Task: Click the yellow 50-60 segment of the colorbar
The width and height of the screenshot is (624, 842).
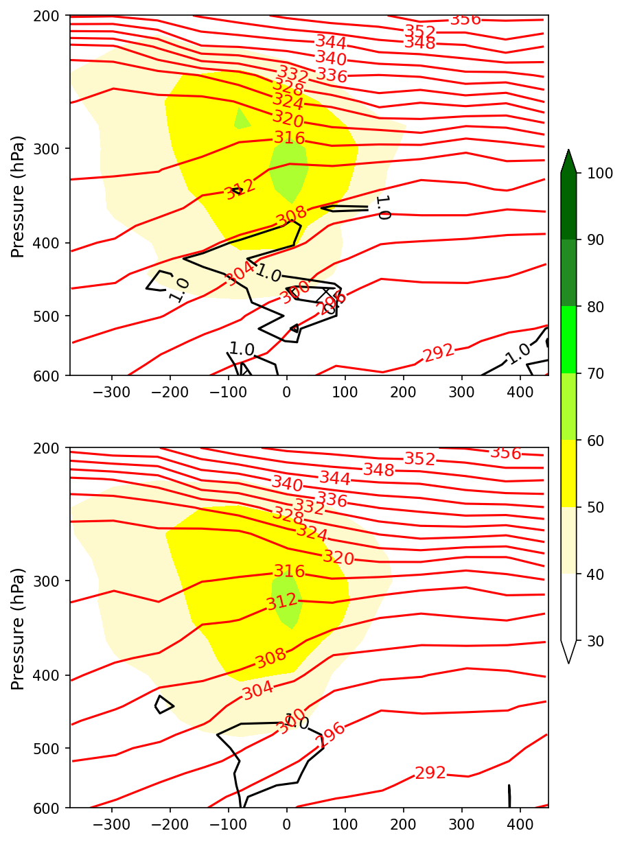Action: pyautogui.click(x=568, y=473)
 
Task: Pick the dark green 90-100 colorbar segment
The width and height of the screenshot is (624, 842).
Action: pyautogui.click(x=568, y=206)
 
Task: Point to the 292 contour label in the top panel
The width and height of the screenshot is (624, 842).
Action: pyautogui.click(x=438, y=353)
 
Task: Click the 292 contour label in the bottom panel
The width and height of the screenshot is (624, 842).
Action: pyautogui.click(x=430, y=773)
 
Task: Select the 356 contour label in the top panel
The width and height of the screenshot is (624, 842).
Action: pyautogui.click(x=465, y=19)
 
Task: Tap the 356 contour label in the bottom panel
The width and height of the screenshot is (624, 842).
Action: pyautogui.click(x=505, y=453)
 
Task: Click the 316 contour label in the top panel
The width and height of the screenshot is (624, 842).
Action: pyautogui.click(x=289, y=137)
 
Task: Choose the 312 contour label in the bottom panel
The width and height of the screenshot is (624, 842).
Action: pyautogui.click(x=282, y=602)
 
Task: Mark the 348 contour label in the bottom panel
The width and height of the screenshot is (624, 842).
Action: pyautogui.click(x=378, y=470)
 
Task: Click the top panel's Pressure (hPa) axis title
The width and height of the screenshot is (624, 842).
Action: pyautogui.click(x=19, y=196)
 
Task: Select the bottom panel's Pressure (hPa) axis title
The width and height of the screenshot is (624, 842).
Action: pyautogui.click(x=19, y=629)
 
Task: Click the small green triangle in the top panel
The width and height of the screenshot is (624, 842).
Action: pyautogui.click(x=241, y=120)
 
